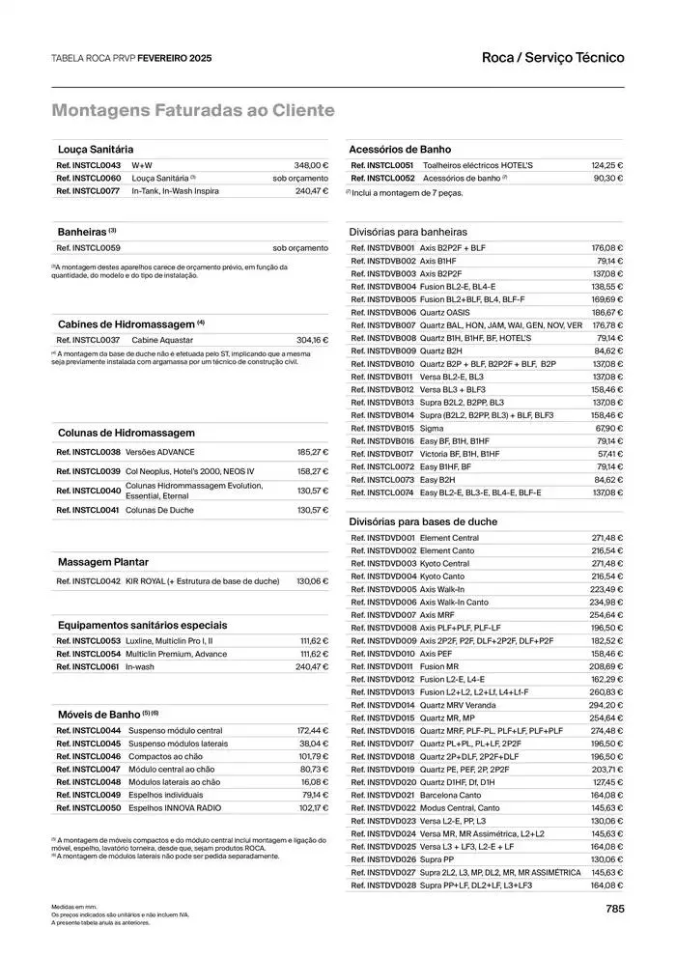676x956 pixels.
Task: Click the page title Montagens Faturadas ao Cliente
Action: [193, 111]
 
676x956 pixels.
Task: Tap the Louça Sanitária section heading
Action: [96, 150]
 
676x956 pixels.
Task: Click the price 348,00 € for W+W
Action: [311, 165]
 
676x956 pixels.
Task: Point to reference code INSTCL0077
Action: [89, 191]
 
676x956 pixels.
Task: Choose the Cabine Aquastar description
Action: [162, 340]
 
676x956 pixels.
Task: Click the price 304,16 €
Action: [312, 340]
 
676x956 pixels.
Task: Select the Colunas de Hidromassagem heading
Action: [126, 433]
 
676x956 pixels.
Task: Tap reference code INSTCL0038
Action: [89, 452]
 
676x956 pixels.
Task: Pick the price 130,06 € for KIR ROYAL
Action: [312, 581]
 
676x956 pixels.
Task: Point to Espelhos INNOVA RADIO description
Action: [174, 807]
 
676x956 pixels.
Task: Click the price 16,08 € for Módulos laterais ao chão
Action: [315, 782]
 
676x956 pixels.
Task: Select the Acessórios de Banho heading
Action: [399, 150]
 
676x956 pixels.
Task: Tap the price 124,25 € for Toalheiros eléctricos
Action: [606, 165]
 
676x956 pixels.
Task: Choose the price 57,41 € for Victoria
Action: [609, 453]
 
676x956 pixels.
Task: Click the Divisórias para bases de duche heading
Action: [423, 520]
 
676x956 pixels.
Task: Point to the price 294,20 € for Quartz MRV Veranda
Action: [606, 705]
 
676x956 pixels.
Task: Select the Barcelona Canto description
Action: [450, 795]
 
